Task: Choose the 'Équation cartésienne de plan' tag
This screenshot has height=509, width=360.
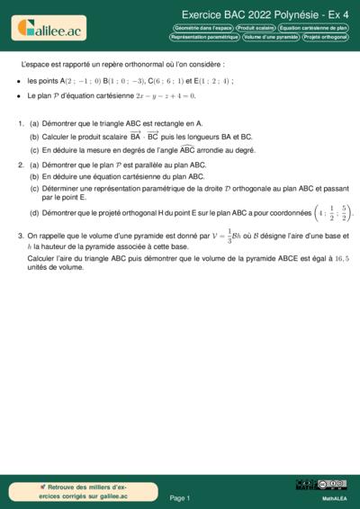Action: (x=314, y=29)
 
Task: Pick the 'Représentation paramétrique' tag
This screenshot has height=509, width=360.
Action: (x=204, y=38)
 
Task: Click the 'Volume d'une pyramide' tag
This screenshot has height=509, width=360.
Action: (x=270, y=38)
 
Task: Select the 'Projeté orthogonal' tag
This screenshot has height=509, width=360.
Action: (x=325, y=38)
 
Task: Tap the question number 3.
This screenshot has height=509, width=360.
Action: (x=20, y=237)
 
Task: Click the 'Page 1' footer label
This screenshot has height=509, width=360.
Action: (x=180, y=497)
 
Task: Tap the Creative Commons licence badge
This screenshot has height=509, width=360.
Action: (x=320, y=486)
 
